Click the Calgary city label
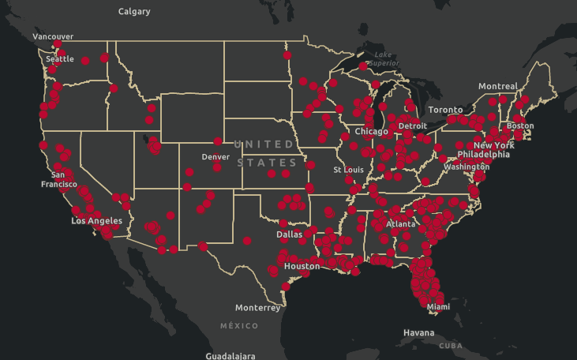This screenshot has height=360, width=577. click(134, 12)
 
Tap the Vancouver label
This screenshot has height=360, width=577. click(53, 36)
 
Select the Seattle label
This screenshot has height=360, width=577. click(60, 59)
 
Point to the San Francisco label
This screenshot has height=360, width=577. click(58, 179)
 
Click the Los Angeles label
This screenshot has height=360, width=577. click(96, 221)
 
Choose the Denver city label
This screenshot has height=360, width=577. click(215, 156)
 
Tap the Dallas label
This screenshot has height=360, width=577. click(289, 234)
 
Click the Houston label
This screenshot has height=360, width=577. click(302, 266)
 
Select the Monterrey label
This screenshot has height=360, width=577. click(257, 308)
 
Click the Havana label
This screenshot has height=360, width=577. click(418, 333)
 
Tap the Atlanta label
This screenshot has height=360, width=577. click(400, 224)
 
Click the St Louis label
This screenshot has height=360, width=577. click(348, 170)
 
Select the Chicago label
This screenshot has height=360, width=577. click(371, 131)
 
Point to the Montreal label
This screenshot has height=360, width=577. click(497, 86)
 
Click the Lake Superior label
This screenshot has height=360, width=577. click(384, 58)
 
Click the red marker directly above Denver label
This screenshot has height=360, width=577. click(218, 141)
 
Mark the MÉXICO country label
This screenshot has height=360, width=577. click(239, 325)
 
